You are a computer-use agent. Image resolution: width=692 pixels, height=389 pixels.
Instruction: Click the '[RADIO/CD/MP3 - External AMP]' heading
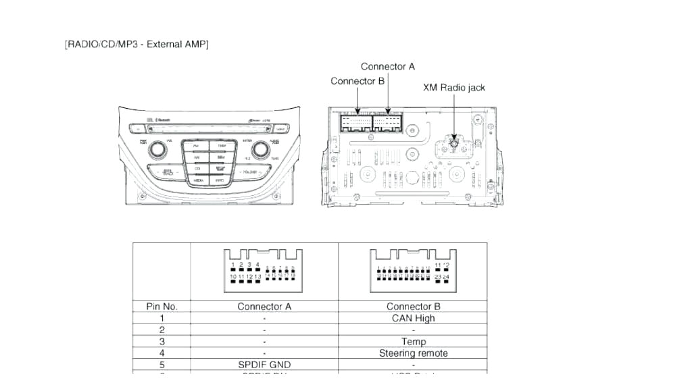pyautogui.click(x=137, y=45)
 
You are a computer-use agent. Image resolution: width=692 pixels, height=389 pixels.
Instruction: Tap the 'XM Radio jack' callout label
pyautogui.click(x=453, y=88)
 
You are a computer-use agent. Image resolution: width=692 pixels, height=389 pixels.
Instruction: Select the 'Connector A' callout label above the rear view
pyautogui.click(x=388, y=66)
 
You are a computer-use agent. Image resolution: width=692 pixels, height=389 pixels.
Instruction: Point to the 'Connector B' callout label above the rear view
pyautogui.click(x=357, y=81)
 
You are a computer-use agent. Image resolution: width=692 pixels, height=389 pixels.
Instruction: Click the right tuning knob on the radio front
pyautogui.click(x=260, y=149)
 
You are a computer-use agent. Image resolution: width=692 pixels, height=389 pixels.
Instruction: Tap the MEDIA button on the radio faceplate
pyautogui.click(x=199, y=181)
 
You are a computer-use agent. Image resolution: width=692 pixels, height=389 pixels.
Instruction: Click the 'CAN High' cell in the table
pyautogui.click(x=413, y=318)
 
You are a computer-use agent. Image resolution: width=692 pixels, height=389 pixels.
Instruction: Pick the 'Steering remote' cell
pyautogui.click(x=413, y=353)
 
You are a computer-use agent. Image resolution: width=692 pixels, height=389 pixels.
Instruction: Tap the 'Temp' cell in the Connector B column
pyautogui.click(x=413, y=342)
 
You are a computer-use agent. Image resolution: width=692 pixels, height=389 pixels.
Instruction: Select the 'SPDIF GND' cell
pyautogui.click(x=264, y=365)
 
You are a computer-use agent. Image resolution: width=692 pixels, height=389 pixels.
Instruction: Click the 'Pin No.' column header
pyautogui.click(x=162, y=307)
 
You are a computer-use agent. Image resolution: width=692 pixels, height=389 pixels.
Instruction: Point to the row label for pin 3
pyautogui.click(x=162, y=342)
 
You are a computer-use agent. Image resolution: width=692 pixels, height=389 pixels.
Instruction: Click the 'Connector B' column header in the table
pyautogui.click(x=413, y=307)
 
